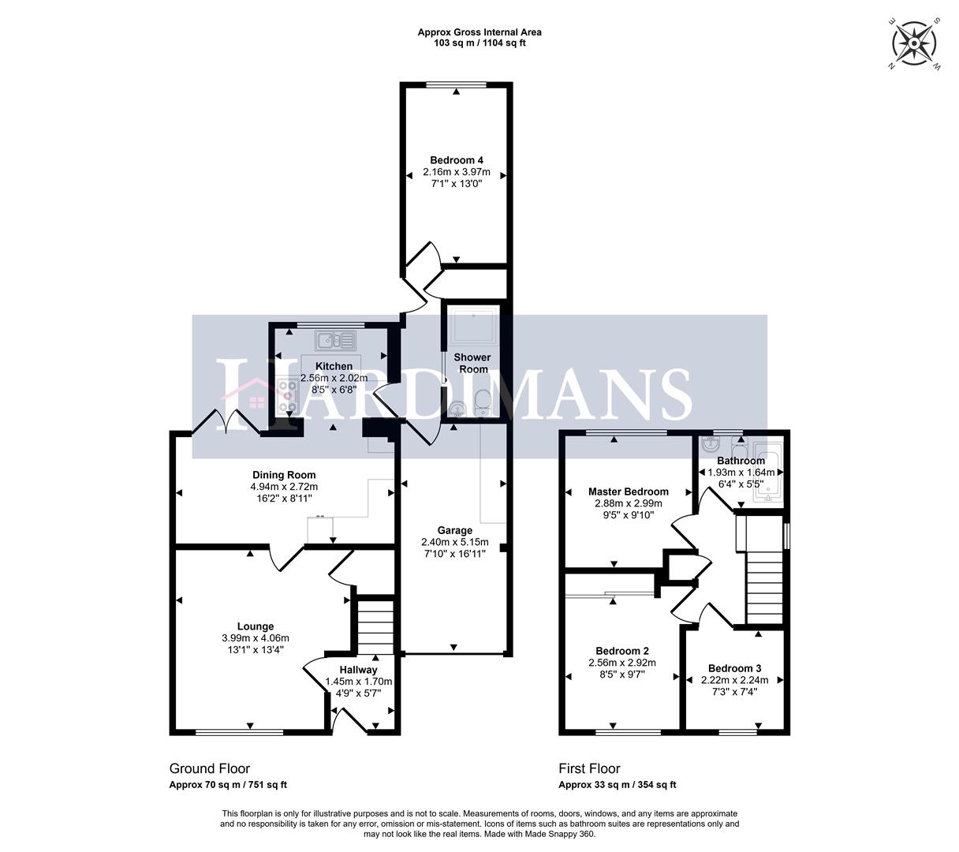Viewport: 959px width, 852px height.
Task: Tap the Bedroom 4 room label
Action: [x=457, y=161]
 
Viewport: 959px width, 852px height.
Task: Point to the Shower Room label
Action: [x=472, y=364]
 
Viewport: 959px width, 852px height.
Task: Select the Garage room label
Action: [x=455, y=531]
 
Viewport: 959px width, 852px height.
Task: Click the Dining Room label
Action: [x=284, y=475]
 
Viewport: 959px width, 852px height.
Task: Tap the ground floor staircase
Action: [x=375, y=627]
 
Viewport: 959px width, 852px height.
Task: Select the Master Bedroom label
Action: [x=629, y=491]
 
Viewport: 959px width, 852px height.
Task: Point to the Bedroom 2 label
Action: [x=623, y=651]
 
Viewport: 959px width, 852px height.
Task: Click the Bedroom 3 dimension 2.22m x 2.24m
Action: [x=734, y=680]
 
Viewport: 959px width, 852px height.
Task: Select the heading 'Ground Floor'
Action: [x=210, y=768]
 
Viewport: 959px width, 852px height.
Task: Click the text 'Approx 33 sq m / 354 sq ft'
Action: [x=618, y=785]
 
